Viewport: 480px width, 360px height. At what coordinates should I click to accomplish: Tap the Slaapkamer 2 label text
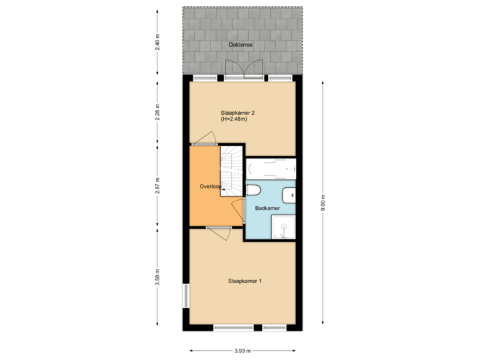click(237, 113)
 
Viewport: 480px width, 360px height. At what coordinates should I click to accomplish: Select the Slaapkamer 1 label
click(245, 281)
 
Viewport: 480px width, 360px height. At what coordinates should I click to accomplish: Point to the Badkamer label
click(267, 208)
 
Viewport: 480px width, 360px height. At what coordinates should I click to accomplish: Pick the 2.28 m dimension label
click(158, 111)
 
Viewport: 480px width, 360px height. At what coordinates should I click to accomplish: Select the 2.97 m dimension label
click(158, 186)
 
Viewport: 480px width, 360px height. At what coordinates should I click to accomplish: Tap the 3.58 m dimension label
click(158, 277)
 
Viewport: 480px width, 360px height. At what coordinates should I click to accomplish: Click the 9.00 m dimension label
click(323, 202)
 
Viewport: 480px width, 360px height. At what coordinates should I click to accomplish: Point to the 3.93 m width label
click(242, 351)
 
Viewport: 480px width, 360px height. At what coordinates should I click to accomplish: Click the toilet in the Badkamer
click(253, 191)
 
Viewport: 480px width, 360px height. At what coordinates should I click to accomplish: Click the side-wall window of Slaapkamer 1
click(185, 295)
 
